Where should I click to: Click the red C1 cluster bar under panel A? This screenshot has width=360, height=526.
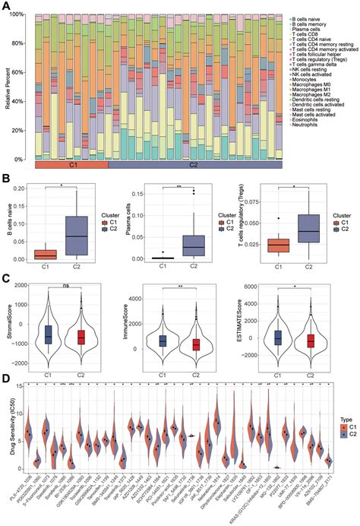[x=71, y=164]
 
